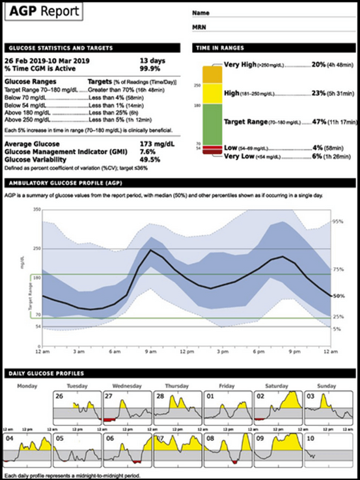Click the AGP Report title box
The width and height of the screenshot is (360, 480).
coord(44,12)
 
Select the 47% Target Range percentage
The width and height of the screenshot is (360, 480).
coord(318,121)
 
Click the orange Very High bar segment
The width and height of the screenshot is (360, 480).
coord(212,74)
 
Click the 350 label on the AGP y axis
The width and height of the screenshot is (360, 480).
coord(36,210)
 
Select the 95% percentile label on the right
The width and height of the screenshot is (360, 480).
coord(338,222)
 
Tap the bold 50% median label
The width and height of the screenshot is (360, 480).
coord(338,296)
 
